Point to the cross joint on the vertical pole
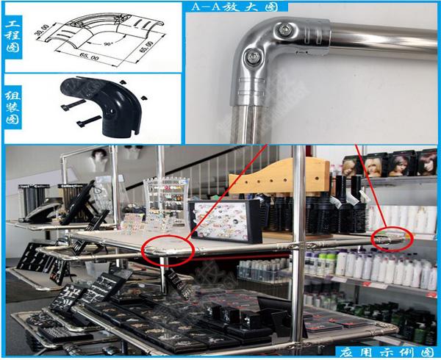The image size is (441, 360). point(299,245)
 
